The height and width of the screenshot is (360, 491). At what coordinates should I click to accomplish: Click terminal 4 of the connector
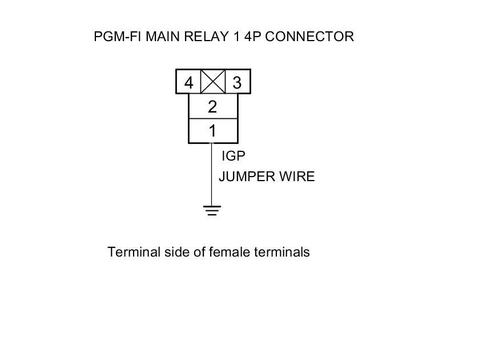click(188, 82)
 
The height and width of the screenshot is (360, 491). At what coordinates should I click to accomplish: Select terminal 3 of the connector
click(238, 82)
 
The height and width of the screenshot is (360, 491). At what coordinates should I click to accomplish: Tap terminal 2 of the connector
click(212, 107)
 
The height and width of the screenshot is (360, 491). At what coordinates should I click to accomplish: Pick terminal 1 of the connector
click(212, 131)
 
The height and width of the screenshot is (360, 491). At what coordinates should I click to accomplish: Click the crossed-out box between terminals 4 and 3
click(213, 82)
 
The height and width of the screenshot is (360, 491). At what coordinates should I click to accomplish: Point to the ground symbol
click(212, 211)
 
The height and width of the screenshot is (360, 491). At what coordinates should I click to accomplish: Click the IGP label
click(234, 155)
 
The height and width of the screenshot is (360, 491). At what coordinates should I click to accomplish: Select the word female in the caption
click(229, 252)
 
